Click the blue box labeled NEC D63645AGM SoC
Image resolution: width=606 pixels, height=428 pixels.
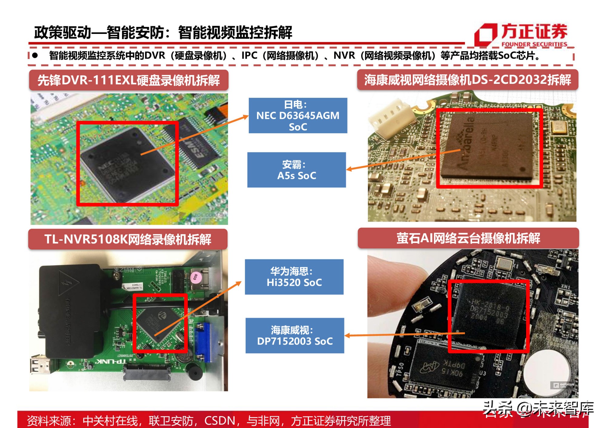tap(298, 115)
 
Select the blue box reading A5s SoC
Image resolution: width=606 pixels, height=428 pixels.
tap(296, 170)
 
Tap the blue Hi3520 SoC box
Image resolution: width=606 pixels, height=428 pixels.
tap(294, 277)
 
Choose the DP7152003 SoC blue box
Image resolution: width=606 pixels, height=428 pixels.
tap(295, 335)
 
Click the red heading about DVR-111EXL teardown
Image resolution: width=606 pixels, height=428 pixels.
tap(128, 80)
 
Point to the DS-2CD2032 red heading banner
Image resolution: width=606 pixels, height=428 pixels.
tap(467, 80)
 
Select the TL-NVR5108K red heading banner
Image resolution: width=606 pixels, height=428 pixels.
tap(128, 239)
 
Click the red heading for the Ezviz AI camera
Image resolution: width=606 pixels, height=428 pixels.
tap(468, 238)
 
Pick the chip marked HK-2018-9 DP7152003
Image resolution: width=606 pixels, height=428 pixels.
tap(488, 315)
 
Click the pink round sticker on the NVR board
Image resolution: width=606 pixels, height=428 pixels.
tap(196, 277)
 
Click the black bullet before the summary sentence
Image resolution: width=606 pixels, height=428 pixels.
tap(35, 55)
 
